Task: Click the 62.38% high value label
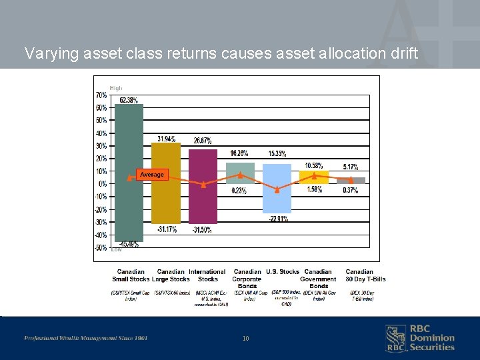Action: coord(129,100)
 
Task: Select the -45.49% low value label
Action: coord(129,244)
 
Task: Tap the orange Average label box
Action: coord(151,175)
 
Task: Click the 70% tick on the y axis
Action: coord(101,95)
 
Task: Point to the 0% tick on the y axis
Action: coord(102,184)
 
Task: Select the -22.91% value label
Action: coord(278,219)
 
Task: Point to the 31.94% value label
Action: coord(167,139)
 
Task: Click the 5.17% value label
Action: coord(351,167)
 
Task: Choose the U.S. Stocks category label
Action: coord(282,272)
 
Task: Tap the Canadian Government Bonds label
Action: coord(318,279)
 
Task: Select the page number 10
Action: coord(245,339)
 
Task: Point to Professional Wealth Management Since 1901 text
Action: coord(85,338)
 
